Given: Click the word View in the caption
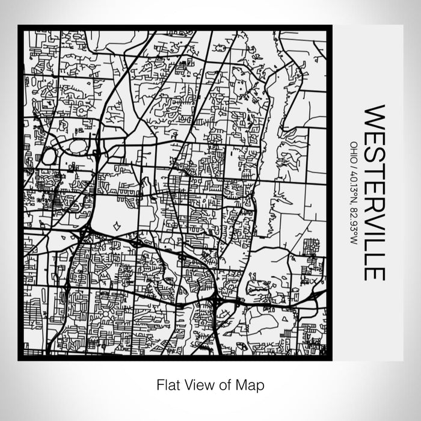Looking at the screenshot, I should coord(197,384).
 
